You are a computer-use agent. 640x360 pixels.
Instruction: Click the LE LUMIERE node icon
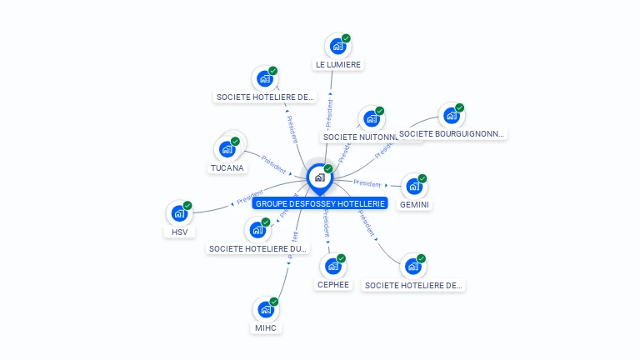pos(337,47)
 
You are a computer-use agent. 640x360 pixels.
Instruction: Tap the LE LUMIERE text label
pos(339,64)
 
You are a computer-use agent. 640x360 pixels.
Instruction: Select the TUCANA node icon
pos(227,150)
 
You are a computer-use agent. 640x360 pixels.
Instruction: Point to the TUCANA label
pos(227,167)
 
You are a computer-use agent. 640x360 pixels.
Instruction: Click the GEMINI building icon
pos(413,187)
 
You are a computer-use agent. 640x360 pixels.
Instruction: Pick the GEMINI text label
pos(414,204)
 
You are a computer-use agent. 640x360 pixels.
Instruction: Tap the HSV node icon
pos(179,214)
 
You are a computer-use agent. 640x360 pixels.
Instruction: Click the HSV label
pos(179,232)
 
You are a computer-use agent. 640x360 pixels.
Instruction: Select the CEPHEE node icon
pos(332,267)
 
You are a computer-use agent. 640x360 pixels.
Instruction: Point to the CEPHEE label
pos(333,284)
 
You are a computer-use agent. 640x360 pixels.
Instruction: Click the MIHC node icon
pos(266,310)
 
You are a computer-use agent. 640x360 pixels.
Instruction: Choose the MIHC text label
pos(266,327)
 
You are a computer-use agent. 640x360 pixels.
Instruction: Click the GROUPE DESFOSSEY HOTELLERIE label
pos(320,203)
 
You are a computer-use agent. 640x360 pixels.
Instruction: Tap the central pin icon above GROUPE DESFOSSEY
pos(319,177)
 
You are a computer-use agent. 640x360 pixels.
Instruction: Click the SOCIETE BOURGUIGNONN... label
pos(451,133)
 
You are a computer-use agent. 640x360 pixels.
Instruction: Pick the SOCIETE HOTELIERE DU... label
pos(258,248)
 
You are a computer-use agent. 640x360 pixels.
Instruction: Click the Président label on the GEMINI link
pos(367,182)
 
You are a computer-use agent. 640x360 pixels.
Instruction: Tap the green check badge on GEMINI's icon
pos(422,178)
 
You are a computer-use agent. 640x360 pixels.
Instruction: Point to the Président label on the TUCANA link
pos(274,159)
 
